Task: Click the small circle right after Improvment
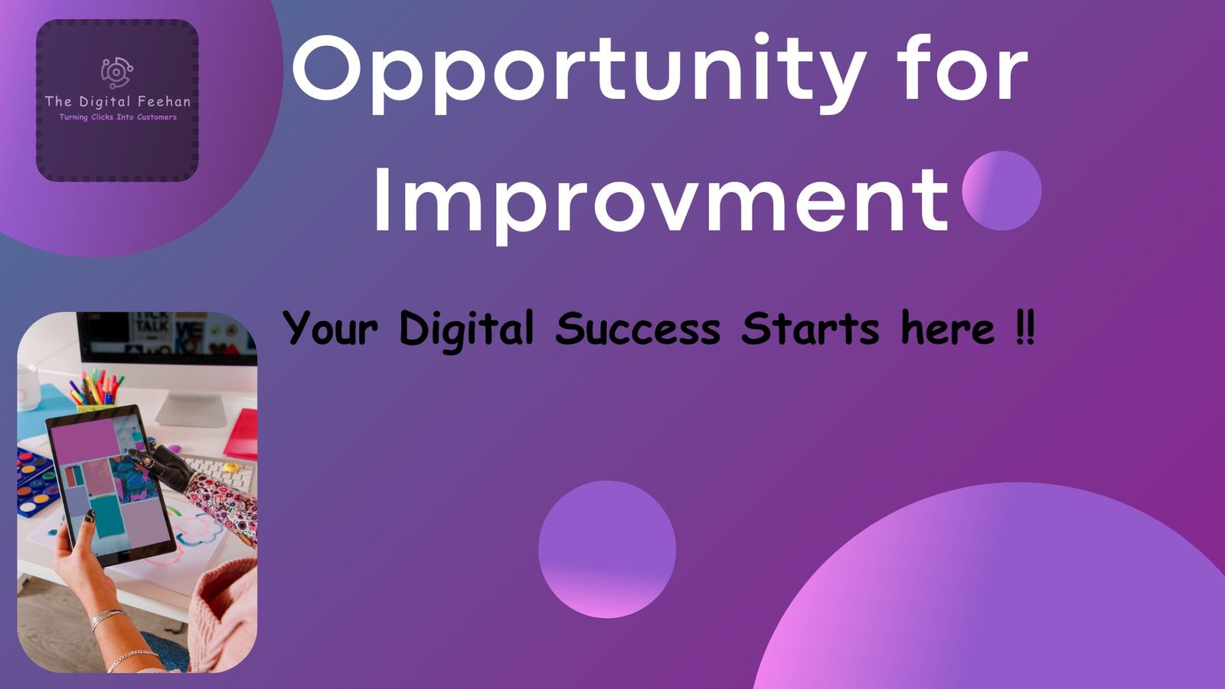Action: [x=1001, y=191]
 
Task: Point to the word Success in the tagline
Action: [x=638, y=329]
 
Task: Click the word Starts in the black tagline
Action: [x=811, y=329]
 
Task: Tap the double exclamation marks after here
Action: [x=1025, y=329]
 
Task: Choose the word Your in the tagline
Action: [x=330, y=329]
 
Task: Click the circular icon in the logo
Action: [x=117, y=73]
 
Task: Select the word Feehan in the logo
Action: [x=164, y=101]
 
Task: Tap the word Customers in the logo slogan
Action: [x=157, y=117]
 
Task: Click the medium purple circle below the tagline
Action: [x=607, y=549]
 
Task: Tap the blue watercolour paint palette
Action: [x=34, y=478]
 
